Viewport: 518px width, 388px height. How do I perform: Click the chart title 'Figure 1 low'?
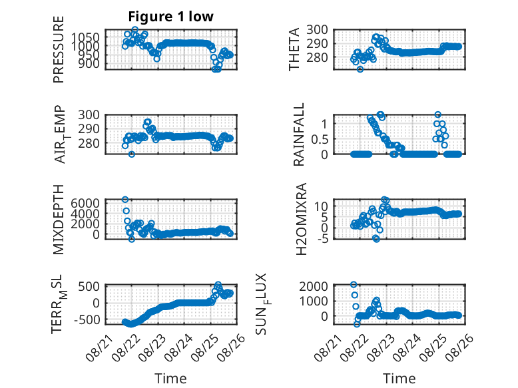[171, 17]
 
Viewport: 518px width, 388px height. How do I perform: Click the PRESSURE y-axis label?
[58, 49]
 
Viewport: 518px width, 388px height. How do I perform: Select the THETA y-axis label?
[294, 49]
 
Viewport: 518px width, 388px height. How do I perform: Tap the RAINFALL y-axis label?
[298, 134]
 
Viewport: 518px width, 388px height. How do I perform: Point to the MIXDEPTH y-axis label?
[58, 220]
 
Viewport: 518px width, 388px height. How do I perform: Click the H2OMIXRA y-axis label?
[302, 219]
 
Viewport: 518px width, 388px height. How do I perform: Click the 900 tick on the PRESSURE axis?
[89, 64]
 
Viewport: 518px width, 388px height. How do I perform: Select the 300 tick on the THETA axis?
[317, 30]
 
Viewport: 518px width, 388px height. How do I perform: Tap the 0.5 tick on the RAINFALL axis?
[320, 139]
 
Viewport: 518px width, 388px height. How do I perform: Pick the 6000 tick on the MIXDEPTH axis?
[85, 203]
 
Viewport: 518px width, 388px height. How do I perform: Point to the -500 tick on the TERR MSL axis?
[87, 319]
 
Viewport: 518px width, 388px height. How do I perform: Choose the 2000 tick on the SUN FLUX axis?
[314, 286]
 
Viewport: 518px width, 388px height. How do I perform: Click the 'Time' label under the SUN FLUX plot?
[399, 378]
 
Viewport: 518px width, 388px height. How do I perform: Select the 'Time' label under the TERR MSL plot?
[171, 378]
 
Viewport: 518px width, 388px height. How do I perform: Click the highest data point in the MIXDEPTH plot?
[125, 200]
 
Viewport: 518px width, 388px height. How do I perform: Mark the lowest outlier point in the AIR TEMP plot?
[132, 154]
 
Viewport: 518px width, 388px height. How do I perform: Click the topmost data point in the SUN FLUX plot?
[354, 285]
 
